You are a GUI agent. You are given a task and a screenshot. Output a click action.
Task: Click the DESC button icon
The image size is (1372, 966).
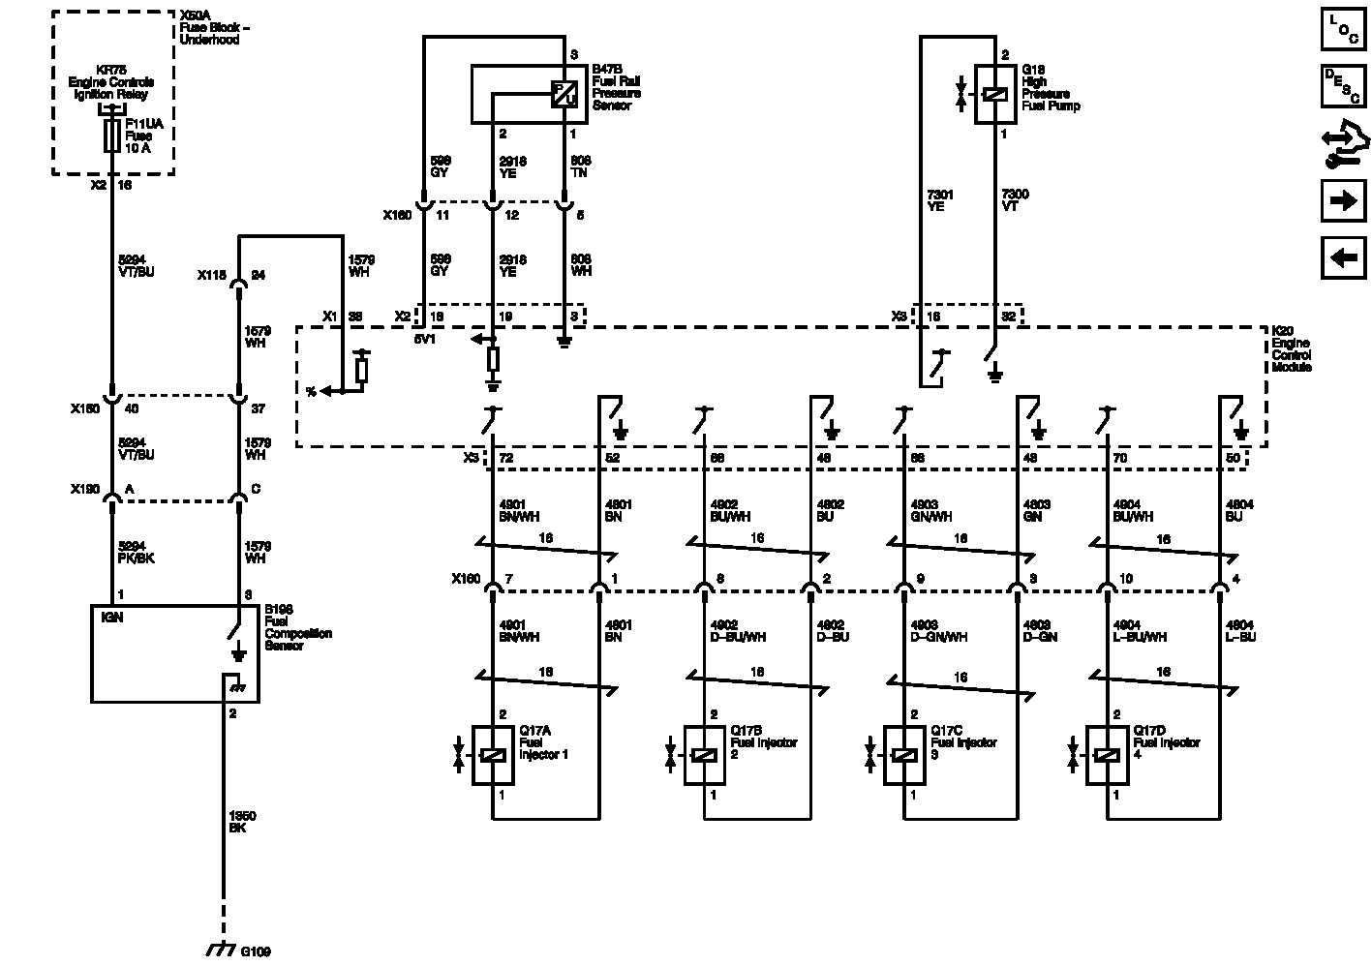pos(1343,86)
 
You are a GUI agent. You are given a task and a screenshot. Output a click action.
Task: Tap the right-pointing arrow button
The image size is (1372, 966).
pos(1343,201)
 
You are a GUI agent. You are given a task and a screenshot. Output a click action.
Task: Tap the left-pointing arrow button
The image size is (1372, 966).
pos(1343,258)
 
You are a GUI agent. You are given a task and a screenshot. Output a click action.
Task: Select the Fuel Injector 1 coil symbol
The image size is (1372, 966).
pos(493,755)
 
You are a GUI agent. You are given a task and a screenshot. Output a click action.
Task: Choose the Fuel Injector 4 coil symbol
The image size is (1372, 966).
pos(1107,755)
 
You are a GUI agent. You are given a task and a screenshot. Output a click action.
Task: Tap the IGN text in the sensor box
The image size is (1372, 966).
pos(112,617)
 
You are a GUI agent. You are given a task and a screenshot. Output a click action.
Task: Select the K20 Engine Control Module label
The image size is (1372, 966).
pos(1292,349)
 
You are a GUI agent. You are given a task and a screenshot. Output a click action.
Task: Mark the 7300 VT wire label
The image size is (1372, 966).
pos(1016,201)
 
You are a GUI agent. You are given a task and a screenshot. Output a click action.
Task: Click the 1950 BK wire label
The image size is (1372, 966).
pos(242,823)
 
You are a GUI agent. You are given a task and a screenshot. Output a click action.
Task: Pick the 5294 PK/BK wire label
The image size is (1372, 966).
pos(136,553)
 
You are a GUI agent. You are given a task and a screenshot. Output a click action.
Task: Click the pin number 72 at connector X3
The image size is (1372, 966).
pos(504,458)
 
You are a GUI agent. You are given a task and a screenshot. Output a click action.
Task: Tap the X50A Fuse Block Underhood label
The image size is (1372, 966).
pos(214,28)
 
